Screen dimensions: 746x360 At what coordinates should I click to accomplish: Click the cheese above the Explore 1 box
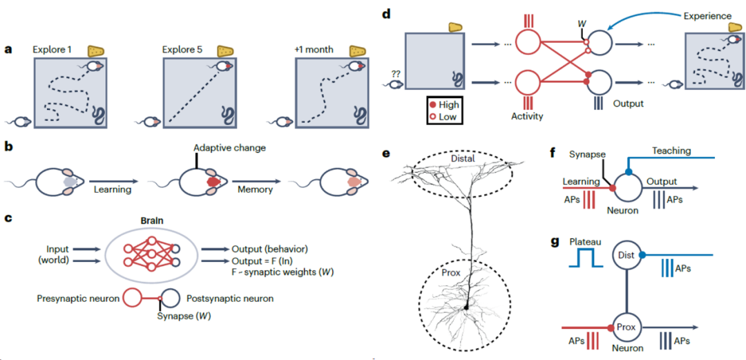[97, 51]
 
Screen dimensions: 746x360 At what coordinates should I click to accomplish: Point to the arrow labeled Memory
[256, 182]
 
